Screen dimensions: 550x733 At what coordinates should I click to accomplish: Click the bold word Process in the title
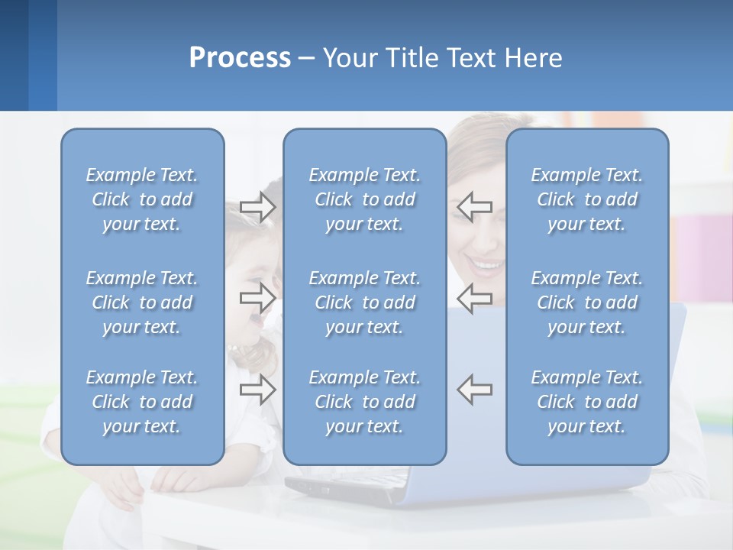pos(240,58)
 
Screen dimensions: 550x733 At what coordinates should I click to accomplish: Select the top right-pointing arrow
pos(257,207)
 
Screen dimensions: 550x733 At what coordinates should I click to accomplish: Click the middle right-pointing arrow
pos(257,297)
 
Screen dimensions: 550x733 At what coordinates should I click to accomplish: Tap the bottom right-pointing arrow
pos(257,390)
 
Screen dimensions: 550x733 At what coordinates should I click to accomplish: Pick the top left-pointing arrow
pos(475,206)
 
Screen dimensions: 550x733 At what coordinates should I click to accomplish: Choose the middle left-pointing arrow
pos(475,297)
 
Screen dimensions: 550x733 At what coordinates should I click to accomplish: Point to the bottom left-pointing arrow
pos(475,389)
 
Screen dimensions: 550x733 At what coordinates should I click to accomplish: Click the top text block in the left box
pos(142,199)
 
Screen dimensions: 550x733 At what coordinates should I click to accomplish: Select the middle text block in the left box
pos(142,302)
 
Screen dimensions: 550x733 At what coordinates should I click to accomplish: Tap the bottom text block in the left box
pos(142,402)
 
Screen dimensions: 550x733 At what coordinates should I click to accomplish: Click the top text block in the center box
pos(365,199)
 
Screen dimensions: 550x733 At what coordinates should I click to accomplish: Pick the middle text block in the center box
pos(365,302)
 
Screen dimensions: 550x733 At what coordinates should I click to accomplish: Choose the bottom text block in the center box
pos(365,402)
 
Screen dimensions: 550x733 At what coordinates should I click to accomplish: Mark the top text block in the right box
pos(587,199)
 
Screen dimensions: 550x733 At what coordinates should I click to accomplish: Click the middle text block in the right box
pos(587,302)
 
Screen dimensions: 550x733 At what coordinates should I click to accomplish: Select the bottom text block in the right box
pos(587,402)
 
